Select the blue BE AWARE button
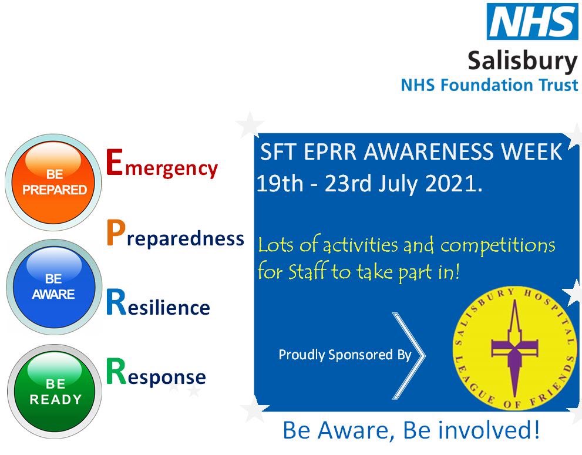[53, 287]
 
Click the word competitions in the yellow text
[497, 245]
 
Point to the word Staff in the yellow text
[306, 272]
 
